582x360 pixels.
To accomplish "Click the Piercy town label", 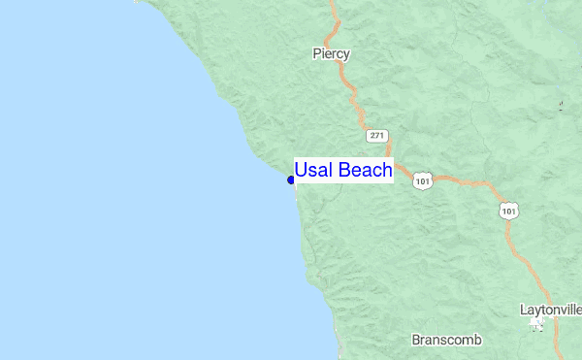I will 331,53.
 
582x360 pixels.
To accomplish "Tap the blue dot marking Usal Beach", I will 291,180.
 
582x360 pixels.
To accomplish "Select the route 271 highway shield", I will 378,135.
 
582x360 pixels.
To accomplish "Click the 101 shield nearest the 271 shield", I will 422,180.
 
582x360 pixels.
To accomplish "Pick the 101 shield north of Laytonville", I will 510,210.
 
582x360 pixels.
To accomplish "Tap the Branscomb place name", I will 446,341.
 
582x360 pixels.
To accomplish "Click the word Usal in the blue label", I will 313,171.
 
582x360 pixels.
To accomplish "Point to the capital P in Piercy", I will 317,53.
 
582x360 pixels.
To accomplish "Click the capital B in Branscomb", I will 416,341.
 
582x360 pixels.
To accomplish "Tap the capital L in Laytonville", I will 524,311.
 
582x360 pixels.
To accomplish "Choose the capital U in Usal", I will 301,171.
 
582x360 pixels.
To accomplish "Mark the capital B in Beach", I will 344,171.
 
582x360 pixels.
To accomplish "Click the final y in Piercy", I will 345,55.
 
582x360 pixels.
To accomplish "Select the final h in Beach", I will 386,171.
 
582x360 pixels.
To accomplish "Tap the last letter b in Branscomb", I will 477,341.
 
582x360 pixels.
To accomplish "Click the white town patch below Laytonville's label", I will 536,325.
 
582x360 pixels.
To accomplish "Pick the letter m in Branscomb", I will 467,341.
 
